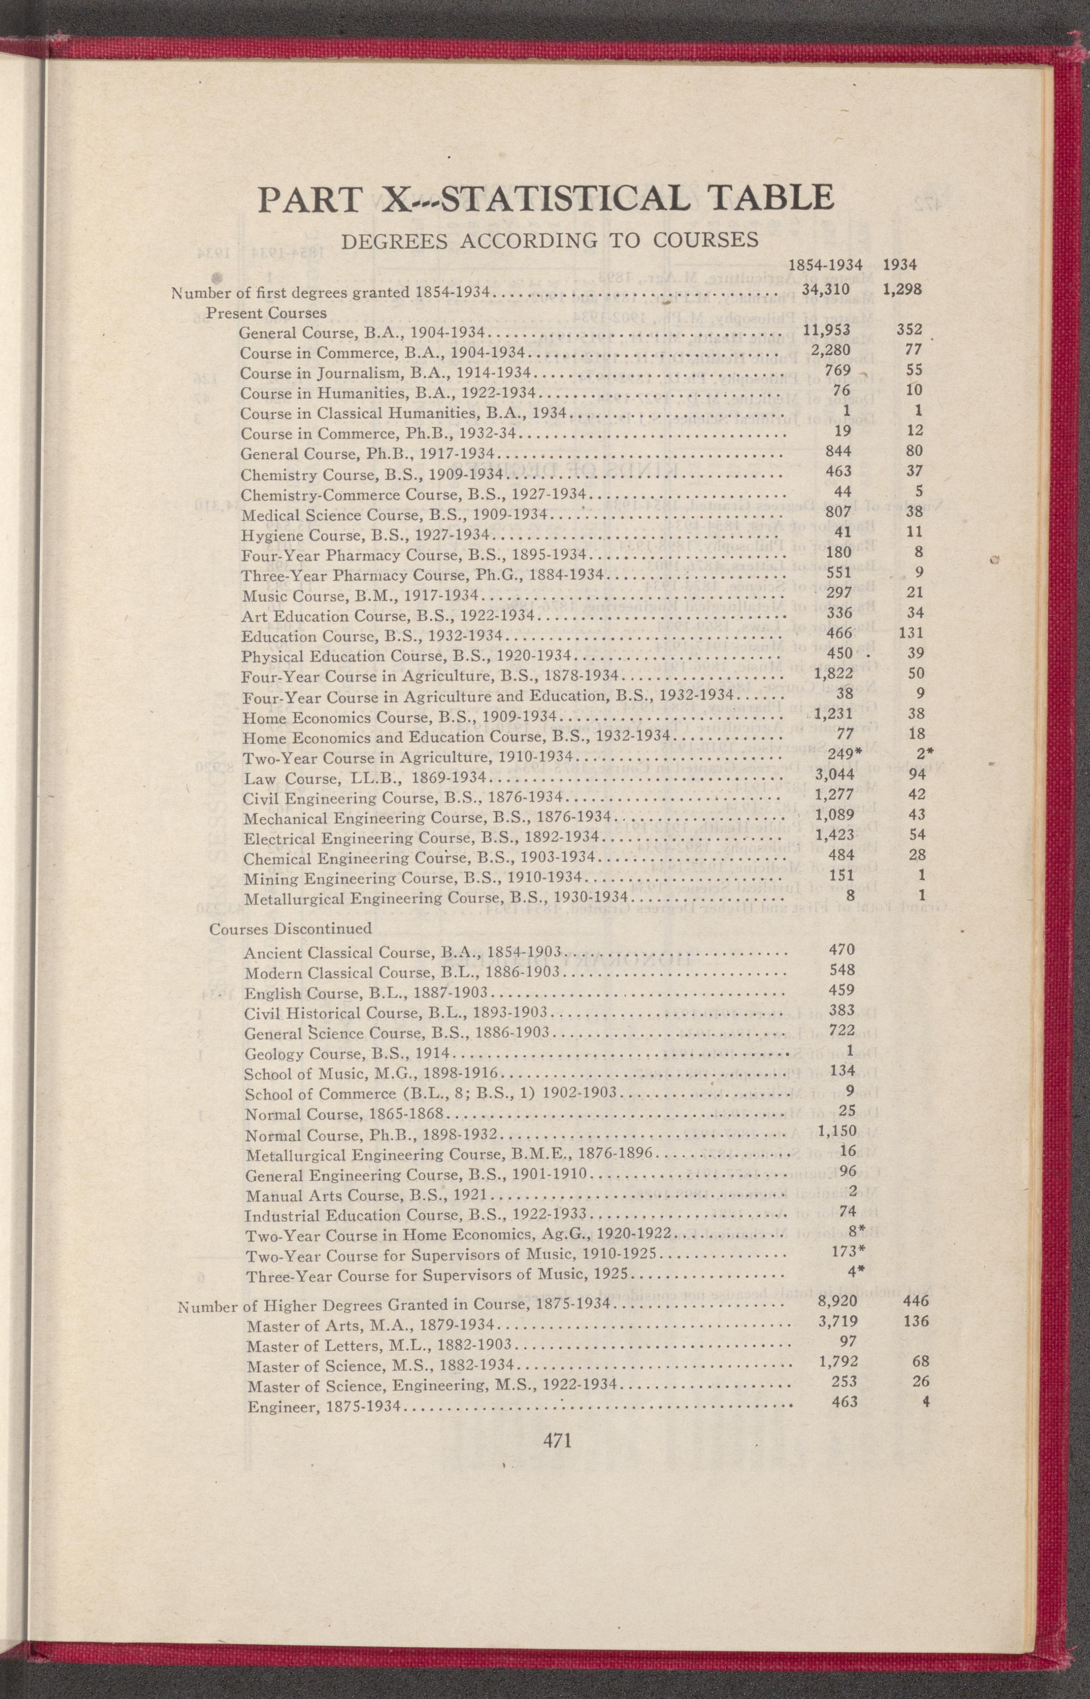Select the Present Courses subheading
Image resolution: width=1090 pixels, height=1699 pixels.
266,313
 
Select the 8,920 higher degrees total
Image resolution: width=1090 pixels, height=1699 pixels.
837,1300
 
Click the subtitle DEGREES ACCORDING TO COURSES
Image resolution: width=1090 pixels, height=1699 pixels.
550,241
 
